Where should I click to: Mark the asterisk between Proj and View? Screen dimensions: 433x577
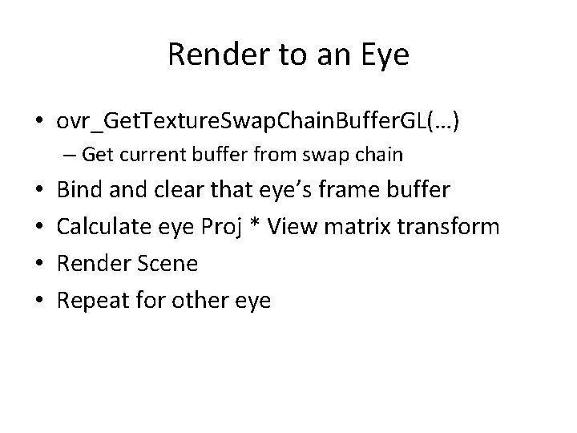pyautogui.click(x=254, y=225)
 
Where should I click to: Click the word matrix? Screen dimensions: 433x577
pyautogui.click(x=355, y=227)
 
